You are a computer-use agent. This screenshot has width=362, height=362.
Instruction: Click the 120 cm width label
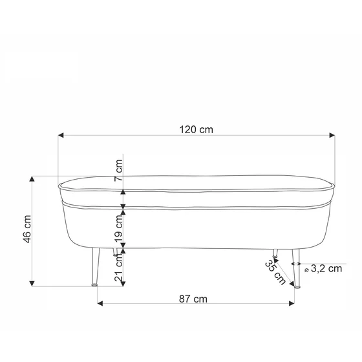tap(196, 129)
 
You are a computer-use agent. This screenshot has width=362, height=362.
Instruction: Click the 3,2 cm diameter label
tap(326, 270)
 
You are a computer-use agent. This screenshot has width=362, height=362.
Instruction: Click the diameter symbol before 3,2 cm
tap(306, 270)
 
